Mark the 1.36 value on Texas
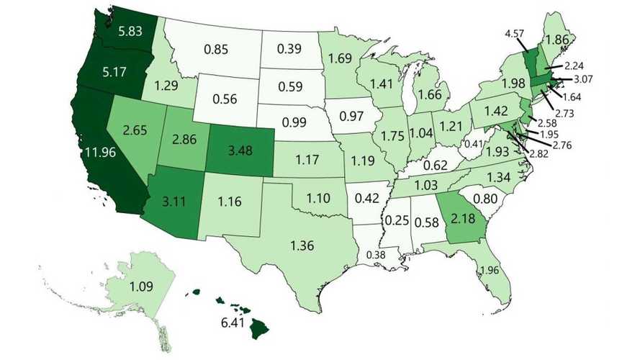(305, 244)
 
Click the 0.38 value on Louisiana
(375, 255)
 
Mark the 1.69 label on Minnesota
(340, 56)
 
